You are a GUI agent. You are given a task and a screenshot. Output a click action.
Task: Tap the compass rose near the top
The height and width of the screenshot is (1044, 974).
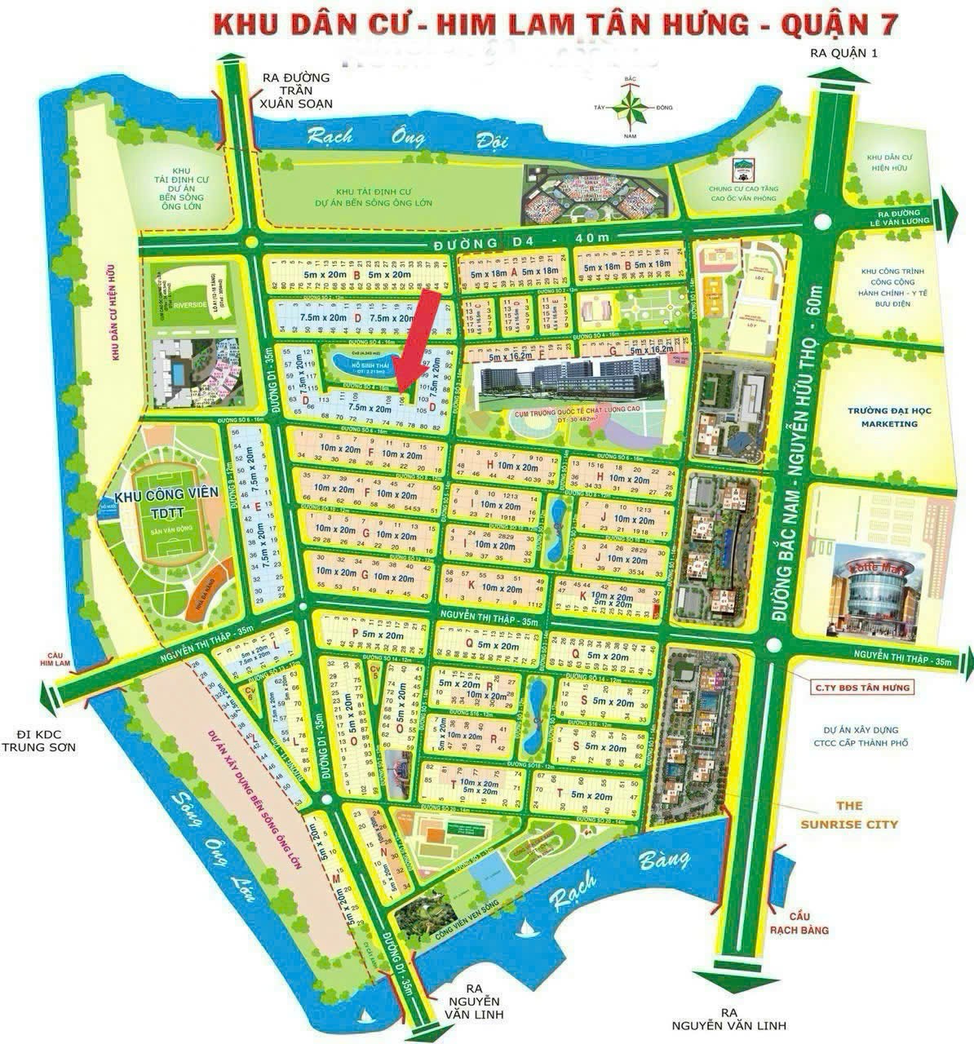[629, 106]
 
